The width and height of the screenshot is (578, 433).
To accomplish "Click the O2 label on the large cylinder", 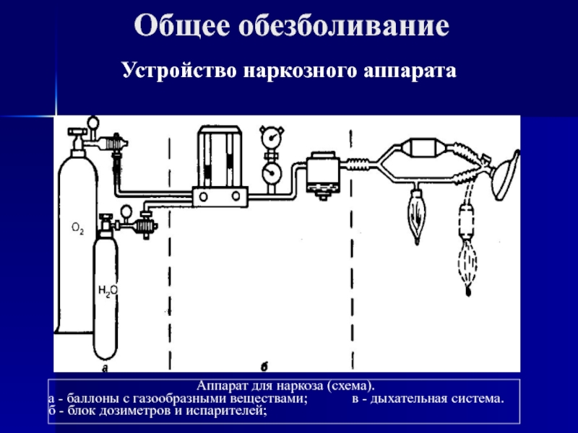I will point(77,229).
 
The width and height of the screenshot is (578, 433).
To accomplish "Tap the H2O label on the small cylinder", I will point(107,291).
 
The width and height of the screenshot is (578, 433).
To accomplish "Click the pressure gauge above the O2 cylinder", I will point(92,123).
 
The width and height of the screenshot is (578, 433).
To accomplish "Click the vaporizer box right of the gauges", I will point(319,173).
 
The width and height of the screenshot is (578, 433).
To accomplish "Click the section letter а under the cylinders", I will point(105,368).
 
